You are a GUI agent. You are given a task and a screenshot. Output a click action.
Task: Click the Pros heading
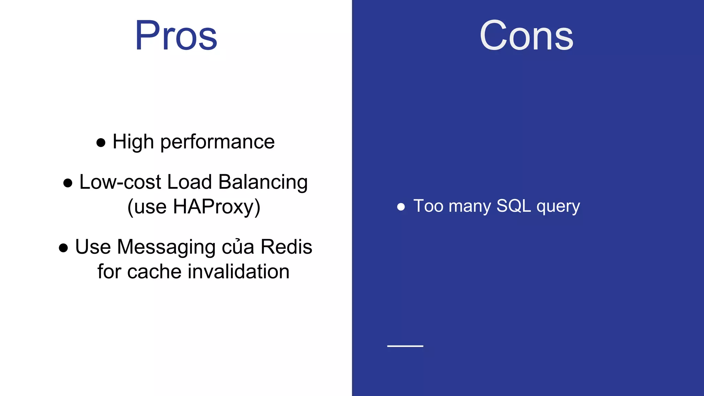pyautogui.click(x=176, y=36)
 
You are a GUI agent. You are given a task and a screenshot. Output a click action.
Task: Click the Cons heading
pyautogui.click(x=526, y=36)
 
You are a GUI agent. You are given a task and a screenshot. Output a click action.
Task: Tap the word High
pyautogui.click(x=133, y=142)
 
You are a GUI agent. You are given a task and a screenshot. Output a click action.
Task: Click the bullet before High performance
pyautogui.click(x=101, y=143)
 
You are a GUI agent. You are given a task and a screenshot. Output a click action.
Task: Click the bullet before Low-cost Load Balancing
pyautogui.click(x=68, y=183)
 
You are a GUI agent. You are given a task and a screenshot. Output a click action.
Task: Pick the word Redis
pyautogui.click(x=286, y=247)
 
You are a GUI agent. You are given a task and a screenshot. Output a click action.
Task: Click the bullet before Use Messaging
pyautogui.click(x=63, y=248)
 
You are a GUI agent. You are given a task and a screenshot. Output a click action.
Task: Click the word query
pyautogui.click(x=558, y=207)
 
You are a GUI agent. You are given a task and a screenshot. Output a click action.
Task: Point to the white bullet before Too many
pyautogui.click(x=401, y=207)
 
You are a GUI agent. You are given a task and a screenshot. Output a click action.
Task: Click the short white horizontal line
pyautogui.click(x=405, y=346)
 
